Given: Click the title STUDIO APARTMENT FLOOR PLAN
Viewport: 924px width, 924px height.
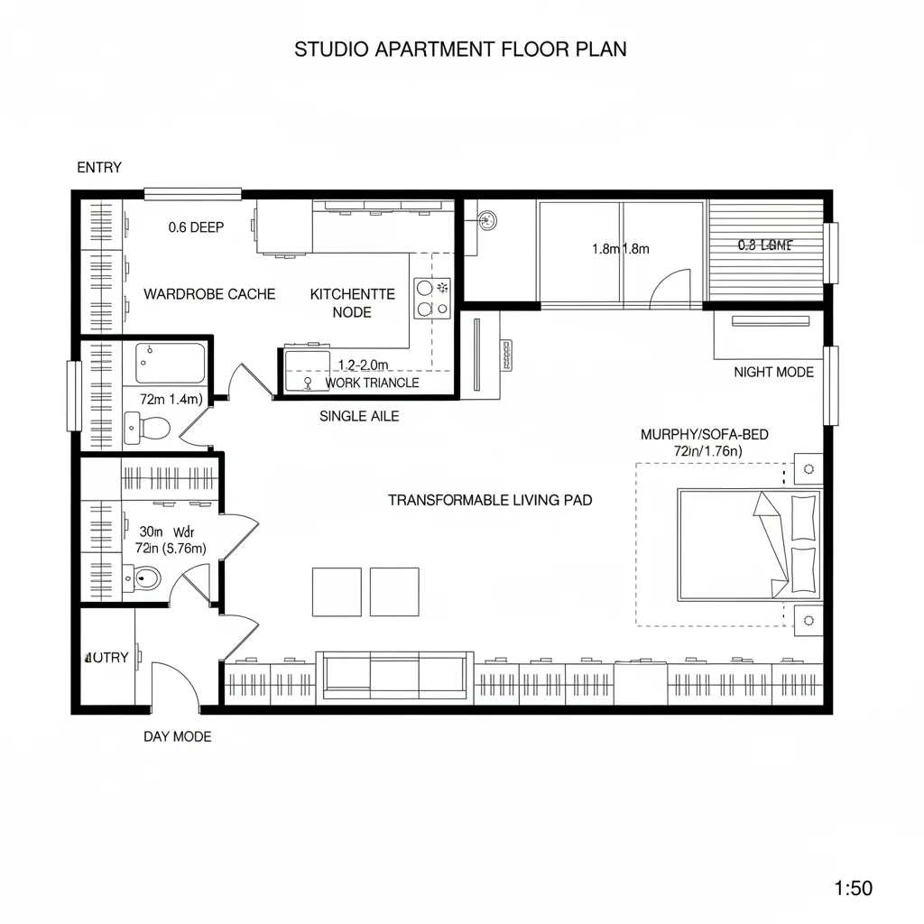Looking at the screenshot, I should pos(460,50).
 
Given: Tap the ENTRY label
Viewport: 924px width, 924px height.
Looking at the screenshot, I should pos(99,168).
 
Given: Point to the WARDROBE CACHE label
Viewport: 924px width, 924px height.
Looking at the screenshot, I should pos(209,294).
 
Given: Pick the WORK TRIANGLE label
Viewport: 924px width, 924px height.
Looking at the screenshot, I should pos(372,383).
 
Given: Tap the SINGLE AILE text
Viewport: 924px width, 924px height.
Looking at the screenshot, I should pos(359,416).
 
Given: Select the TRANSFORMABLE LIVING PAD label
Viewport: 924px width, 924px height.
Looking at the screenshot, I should pos(490,500).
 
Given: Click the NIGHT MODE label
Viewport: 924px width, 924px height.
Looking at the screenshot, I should pos(773,372).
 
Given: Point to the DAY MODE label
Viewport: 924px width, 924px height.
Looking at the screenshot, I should pos(178,736).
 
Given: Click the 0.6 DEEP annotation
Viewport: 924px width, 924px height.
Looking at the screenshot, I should pos(196,227).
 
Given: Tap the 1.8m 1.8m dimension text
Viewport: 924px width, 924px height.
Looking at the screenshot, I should pos(621,249).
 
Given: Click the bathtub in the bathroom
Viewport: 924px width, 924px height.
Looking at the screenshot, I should pos(171,363).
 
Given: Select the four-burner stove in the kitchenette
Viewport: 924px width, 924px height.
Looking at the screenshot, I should pos(432,299).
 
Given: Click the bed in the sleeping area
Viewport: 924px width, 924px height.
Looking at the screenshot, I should pos(749,545).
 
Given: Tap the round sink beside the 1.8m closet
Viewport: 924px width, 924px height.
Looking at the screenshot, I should pos(488,219).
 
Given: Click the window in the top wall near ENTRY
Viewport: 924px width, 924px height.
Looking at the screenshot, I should pos(192,193).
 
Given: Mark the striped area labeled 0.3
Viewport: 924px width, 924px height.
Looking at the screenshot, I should pos(765,245).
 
